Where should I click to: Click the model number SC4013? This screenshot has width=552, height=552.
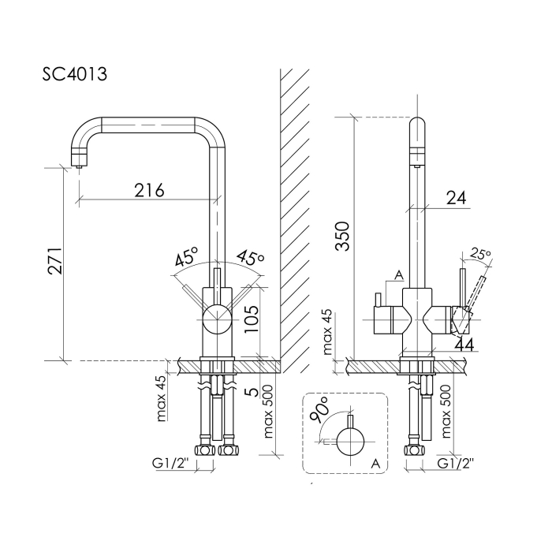point(75,74)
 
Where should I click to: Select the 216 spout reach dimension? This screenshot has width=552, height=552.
point(149,190)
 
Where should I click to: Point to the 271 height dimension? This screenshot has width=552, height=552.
point(55,261)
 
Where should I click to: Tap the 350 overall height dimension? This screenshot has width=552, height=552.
point(342,236)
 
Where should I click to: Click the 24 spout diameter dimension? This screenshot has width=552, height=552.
point(456,198)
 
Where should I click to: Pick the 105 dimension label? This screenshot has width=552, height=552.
point(252,319)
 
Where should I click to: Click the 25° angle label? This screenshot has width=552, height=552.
point(480,254)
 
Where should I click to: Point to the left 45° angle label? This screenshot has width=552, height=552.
point(187,256)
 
